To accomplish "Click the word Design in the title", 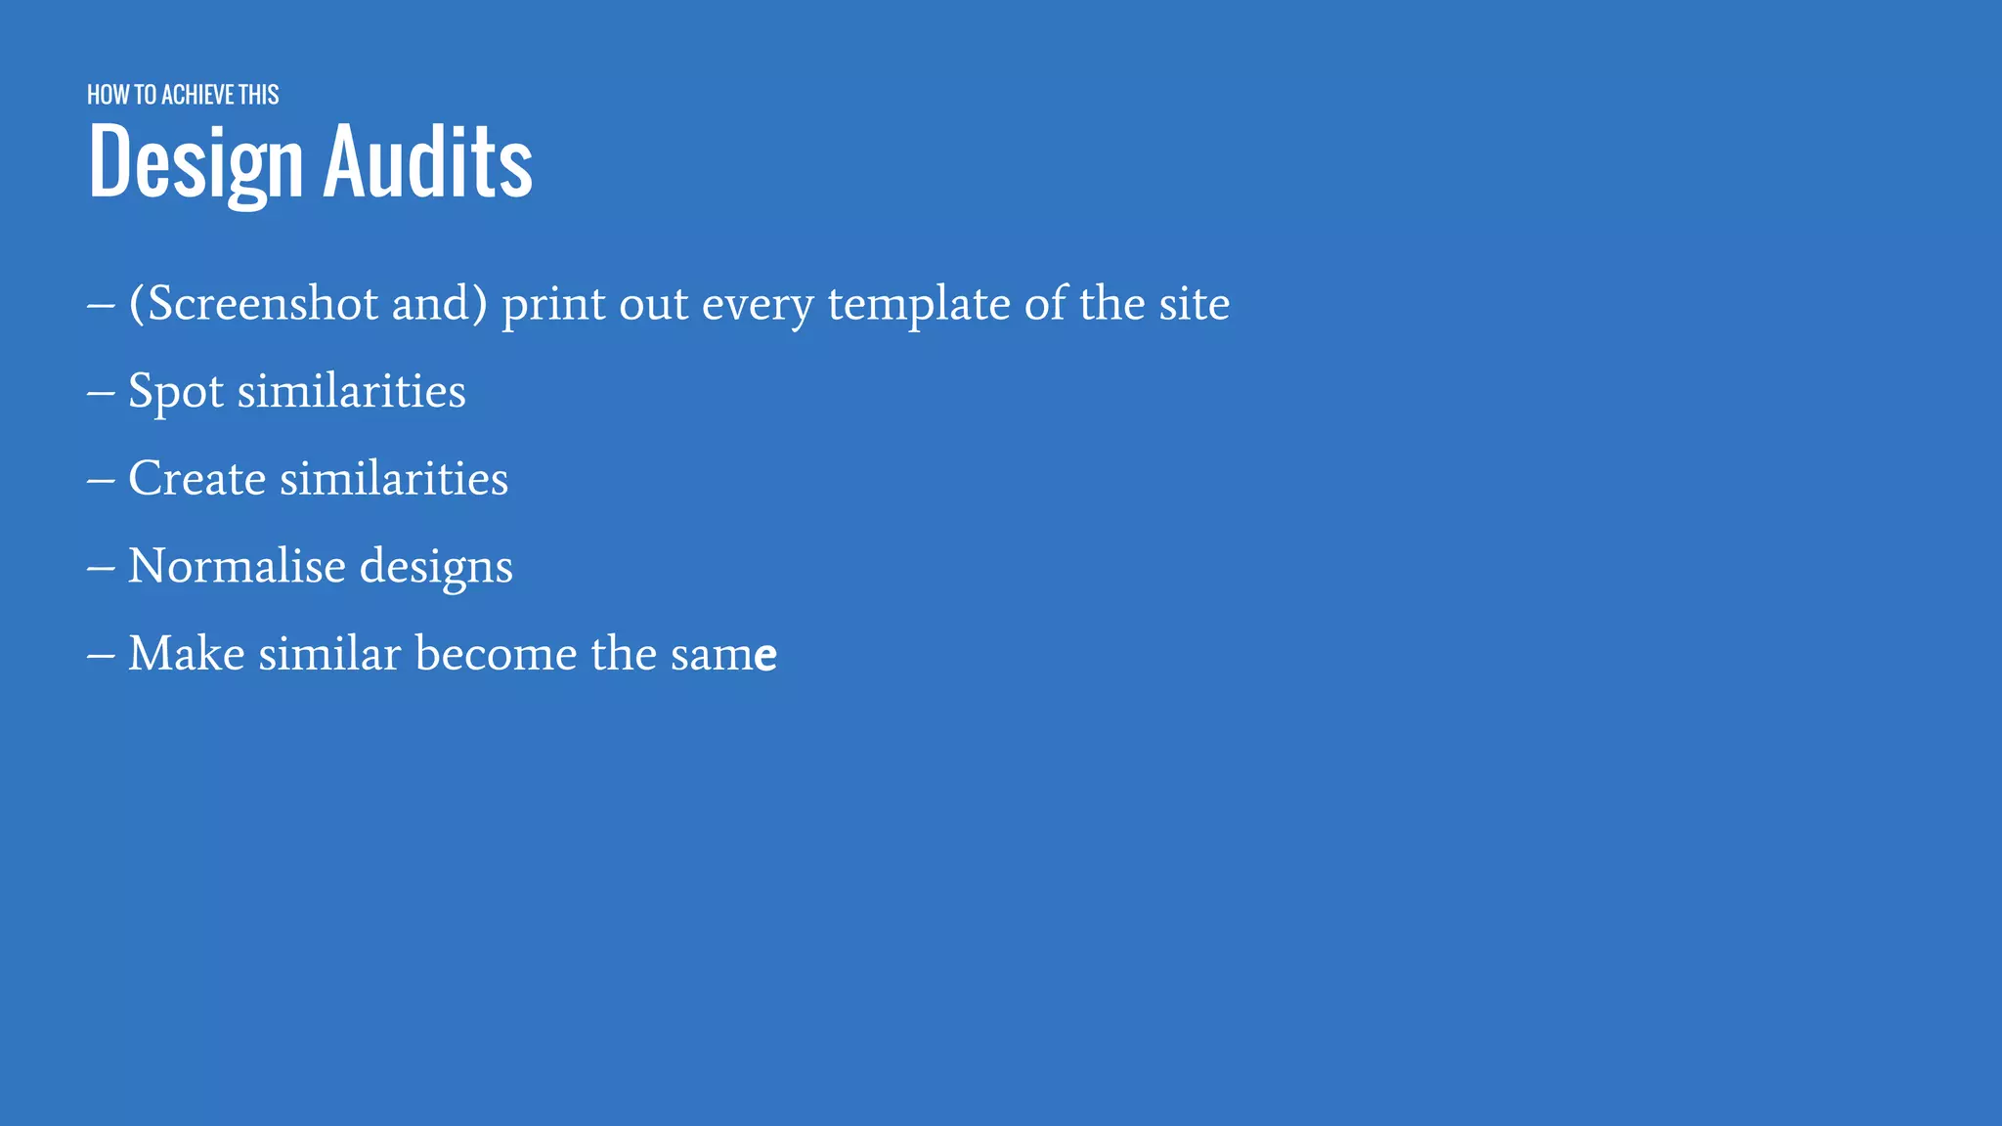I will click(196, 162).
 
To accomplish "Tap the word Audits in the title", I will click(427, 162).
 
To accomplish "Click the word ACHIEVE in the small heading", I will click(197, 95).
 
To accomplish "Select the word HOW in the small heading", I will click(108, 95).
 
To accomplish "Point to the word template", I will click(918, 304).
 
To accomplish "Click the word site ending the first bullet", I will click(1194, 304).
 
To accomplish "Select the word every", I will click(757, 304).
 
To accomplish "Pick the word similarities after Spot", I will click(351, 391).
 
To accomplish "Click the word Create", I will click(196, 479).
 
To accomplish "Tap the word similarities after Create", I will click(394, 479).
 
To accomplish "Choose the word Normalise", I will click(237, 566).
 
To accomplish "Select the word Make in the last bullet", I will click(186, 653).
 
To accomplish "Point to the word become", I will click(496, 653).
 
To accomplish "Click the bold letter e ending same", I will click(765, 656).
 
